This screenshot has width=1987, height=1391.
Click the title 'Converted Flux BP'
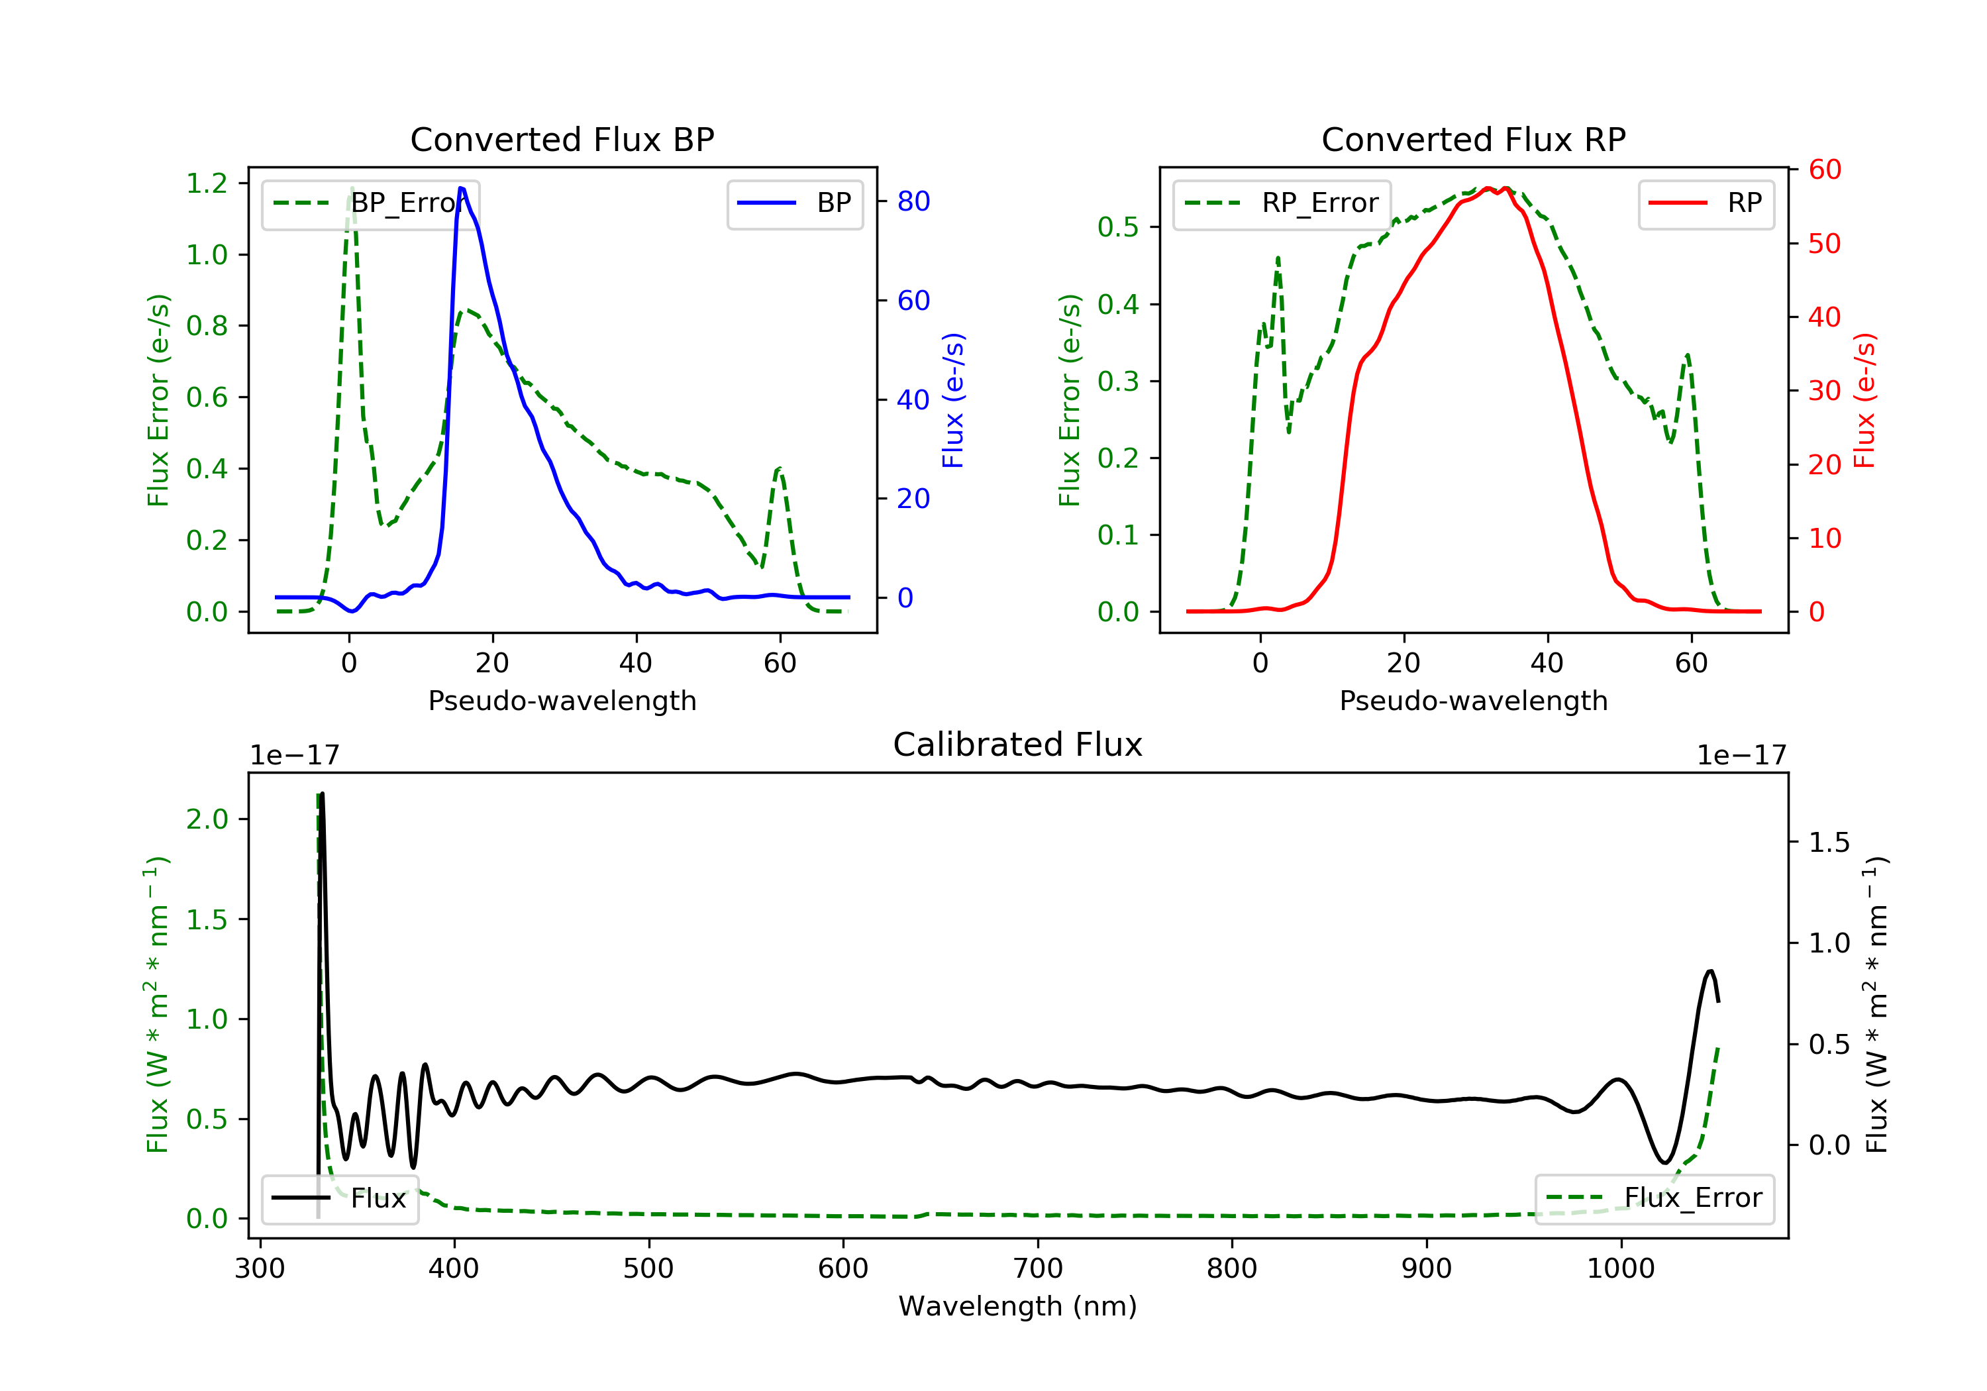click(562, 139)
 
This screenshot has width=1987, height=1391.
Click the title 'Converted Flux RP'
click(1473, 139)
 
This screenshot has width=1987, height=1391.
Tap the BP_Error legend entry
click(370, 203)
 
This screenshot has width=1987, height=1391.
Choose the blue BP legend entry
click(794, 203)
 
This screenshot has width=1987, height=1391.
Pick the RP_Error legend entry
click(1282, 203)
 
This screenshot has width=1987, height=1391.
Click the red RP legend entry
click(1706, 203)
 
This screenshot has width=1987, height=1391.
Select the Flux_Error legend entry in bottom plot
click(1654, 1198)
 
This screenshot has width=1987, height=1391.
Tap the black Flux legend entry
click(340, 1198)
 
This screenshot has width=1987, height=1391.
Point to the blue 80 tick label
click(913, 201)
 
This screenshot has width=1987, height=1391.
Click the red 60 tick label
click(1824, 170)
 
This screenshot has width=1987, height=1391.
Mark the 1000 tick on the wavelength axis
click(1620, 1269)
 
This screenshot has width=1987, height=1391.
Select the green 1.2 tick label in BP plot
click(207, 183)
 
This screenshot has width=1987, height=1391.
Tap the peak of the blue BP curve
click(461, 188)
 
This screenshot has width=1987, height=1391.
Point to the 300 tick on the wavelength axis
click(260, 1269)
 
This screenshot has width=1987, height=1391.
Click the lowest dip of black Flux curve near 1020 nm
click(1664, 1162)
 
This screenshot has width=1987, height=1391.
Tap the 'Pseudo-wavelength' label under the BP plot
click(562, 700)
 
